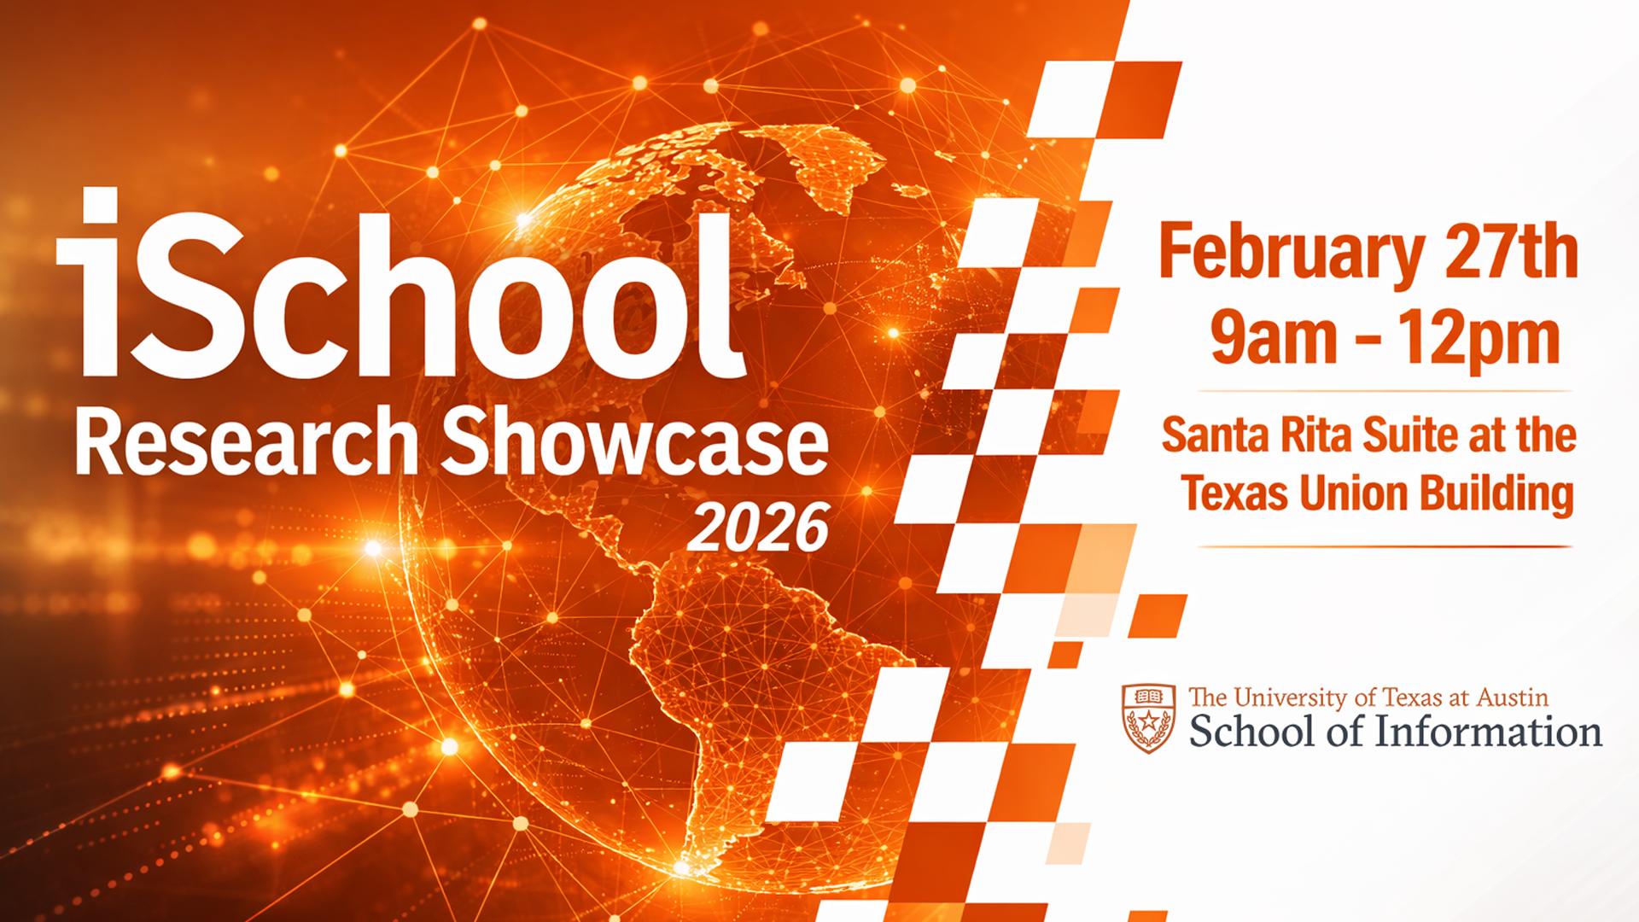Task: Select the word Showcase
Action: (633, 442)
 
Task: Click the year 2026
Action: (758, 528)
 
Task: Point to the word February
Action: (1291, 254)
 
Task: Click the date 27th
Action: (1511, 252)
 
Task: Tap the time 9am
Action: (1274, 339)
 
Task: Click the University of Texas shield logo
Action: (1148, 718)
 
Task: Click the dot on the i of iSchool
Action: (100, 206)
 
